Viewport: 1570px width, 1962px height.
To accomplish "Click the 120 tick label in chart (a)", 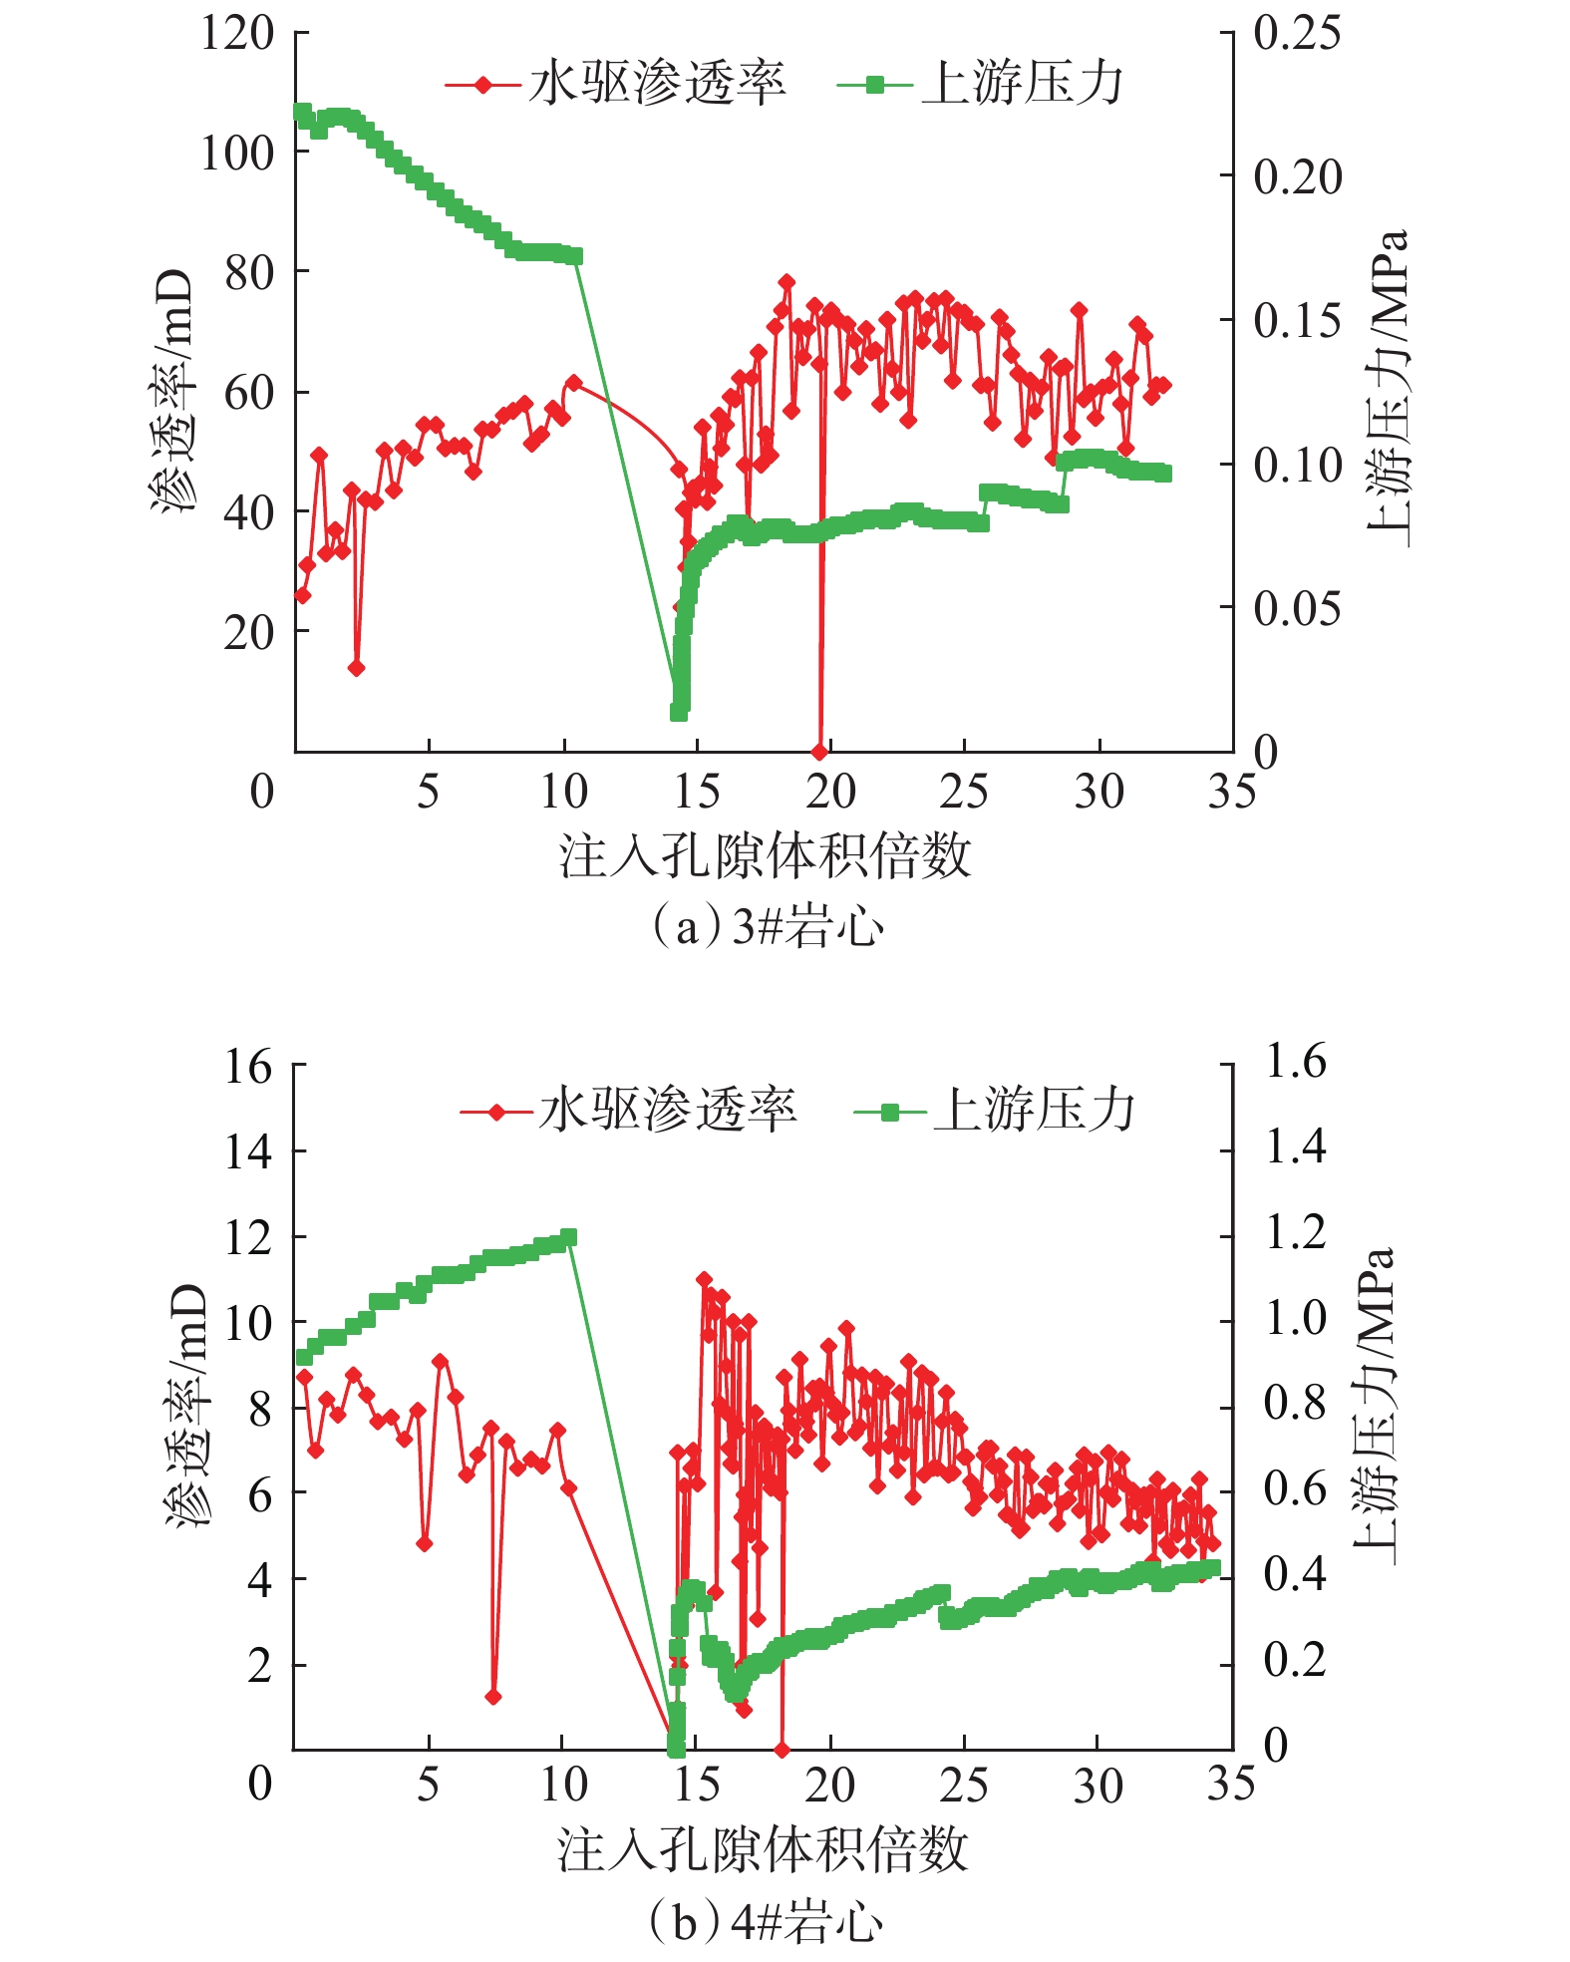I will (x=236, y=33).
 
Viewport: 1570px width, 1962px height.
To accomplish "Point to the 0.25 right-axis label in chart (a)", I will (x=1297, y=33).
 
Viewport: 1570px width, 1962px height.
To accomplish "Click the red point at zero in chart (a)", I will (x=819, y=751).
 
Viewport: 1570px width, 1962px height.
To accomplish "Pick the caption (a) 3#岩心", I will (x=766, y=928).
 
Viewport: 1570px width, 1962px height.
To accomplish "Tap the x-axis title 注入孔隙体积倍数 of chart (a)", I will (x=765, y=856).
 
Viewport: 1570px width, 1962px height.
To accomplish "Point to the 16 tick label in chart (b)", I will (x=248, y=1067).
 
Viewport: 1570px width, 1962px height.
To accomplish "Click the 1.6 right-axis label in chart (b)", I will (x=1295, y=1061).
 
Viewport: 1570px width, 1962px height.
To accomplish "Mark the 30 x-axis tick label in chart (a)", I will (x=1099, y=792).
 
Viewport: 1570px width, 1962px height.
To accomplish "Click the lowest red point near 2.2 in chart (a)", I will (x=356, y=667).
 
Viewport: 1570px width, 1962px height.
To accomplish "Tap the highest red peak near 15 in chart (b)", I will (x=704, y=1279).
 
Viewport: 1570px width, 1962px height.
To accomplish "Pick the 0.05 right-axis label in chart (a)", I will (x=1297, y=607).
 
